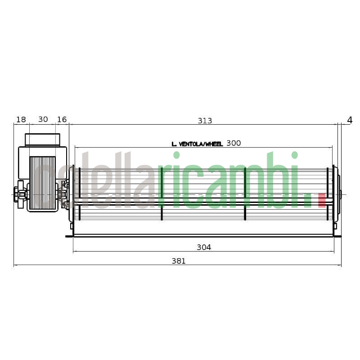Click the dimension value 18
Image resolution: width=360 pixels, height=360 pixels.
coord(21,120)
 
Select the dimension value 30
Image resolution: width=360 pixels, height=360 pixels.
coord(43,120)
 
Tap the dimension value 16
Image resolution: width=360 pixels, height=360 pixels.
coord(62,120)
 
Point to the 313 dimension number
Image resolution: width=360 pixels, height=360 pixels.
coord(205,121)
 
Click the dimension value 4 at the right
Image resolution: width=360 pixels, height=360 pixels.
coord(350,120)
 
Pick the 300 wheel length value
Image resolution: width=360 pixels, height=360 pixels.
coord(234,144)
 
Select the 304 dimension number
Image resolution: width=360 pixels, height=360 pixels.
coord(204,247)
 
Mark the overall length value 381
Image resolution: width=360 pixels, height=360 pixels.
coord(179,261)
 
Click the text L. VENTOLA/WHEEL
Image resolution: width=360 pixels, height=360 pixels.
coord(197,144)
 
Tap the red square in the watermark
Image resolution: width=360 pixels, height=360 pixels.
coord(322,200)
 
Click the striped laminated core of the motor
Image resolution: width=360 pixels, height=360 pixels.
coord(42,183)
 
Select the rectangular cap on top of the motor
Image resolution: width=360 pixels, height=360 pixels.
coord(42,139)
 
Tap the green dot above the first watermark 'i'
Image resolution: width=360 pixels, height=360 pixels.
coord(176,155)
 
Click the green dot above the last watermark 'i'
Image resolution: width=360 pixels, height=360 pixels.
coord(294,155)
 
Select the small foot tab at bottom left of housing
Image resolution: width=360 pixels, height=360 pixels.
coord(69,236)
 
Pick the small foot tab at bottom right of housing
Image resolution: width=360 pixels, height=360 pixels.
coord(337,236)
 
